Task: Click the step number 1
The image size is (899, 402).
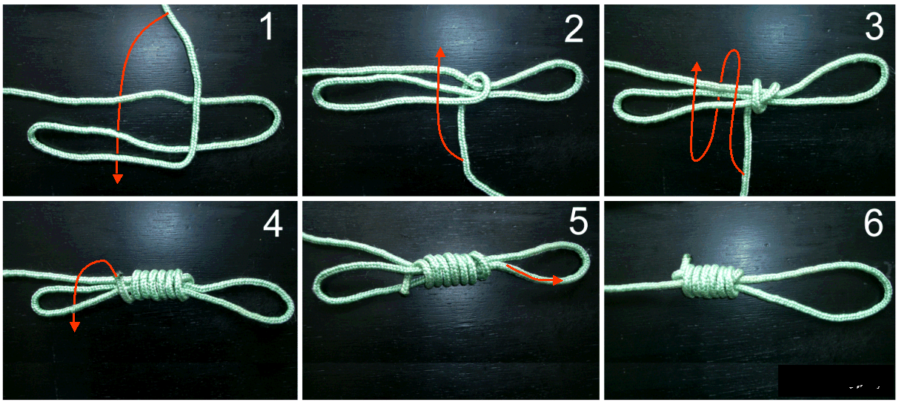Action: tap(267, 27)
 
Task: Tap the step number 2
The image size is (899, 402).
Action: tap(574, 27)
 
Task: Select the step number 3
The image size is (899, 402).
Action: tap(875, 27)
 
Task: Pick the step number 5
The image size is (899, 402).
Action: tap(578, 221)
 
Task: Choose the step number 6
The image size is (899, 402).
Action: tap(873, 223)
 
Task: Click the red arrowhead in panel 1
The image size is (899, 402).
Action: tap(117, 179)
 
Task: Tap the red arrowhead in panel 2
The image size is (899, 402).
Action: tap(441, 52)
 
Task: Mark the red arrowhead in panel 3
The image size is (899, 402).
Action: tap(697, 67)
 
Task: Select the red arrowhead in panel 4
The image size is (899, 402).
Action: tap(74, 327)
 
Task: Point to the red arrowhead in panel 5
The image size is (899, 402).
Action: tap(558, 280)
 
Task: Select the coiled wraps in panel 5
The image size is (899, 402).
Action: tap(451, 269)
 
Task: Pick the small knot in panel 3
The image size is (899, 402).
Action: tap(761, 96)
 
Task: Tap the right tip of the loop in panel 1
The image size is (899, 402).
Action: tap(279, 116)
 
